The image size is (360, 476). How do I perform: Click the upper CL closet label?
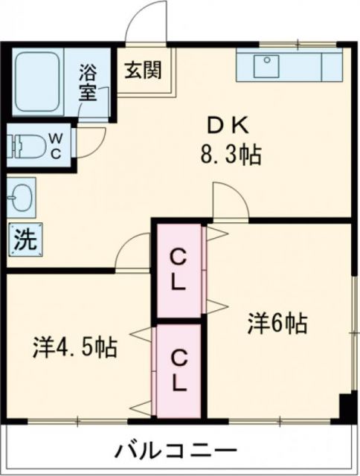(179, 271)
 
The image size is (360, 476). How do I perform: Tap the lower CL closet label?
(179, 370)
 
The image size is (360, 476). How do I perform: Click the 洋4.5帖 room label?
(74, 347)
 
